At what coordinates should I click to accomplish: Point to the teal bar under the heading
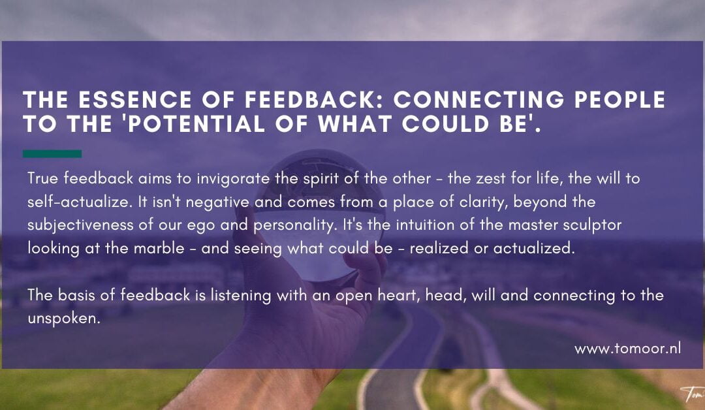click(x=52, y=154)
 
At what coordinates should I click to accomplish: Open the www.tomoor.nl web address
click(x=627, y=349)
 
